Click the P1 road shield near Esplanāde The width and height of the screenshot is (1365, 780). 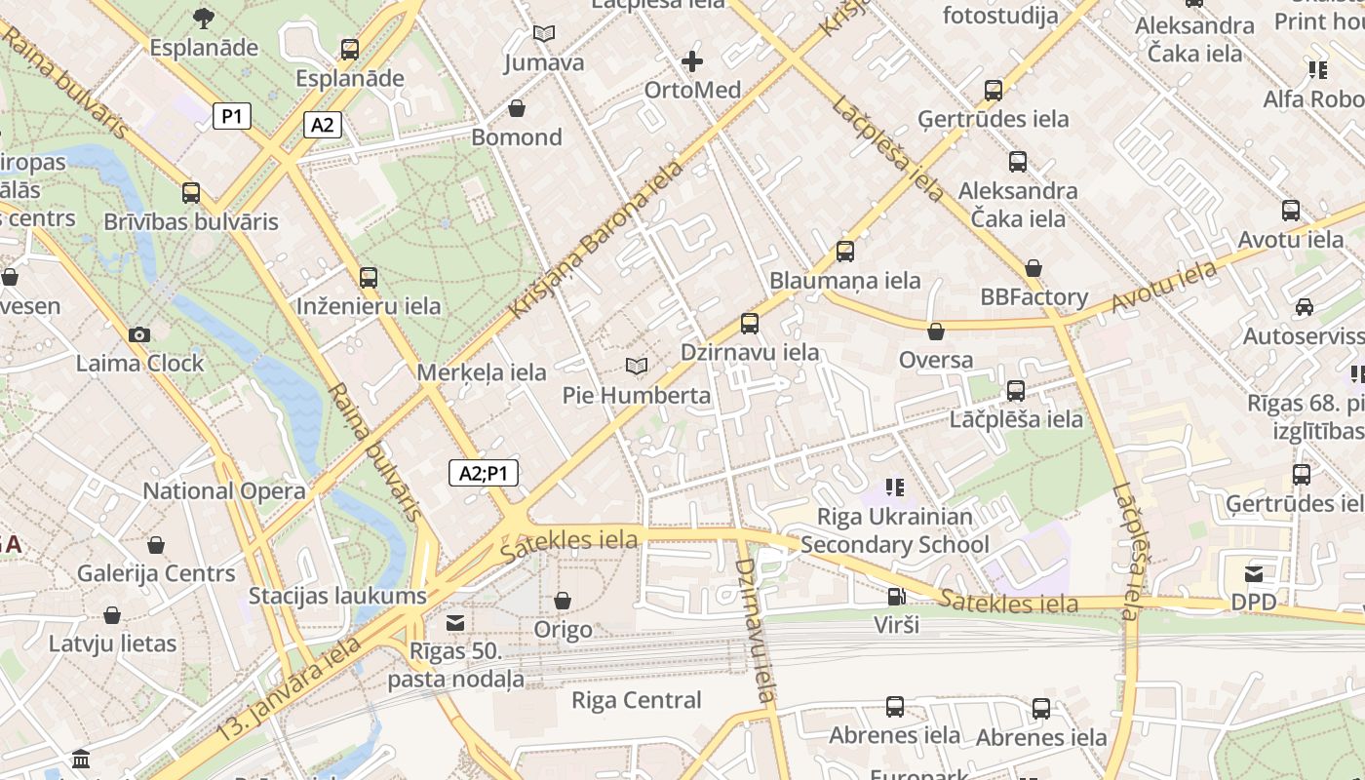tap(232, 117)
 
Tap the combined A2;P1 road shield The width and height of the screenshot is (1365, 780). tap(484, 474)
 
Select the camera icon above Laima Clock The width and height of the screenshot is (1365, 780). tap(138, 335)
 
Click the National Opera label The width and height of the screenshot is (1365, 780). tap(224, 491)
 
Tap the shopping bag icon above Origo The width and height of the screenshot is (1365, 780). tap(563, 601)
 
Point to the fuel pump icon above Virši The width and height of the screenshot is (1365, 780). tap(895, 597)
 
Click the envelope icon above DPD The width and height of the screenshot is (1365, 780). tap(1253, 574)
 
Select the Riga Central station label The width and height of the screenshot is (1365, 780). tap(636, 700)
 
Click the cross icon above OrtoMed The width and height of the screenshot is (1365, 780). tap(692, 62)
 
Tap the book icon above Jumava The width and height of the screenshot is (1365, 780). tap(544, 34)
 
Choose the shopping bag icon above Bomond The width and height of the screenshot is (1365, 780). tap(516, 108)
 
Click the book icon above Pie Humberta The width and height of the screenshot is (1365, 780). tap(637, 367)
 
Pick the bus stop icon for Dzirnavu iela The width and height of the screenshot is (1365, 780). tap(749, 324)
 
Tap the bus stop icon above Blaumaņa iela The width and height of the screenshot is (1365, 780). tap(845, 252)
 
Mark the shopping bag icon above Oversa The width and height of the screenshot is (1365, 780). tap(936, 331)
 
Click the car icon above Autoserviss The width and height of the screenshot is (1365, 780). tap(1304, 307)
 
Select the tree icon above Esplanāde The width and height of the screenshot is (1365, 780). tap(204, 18)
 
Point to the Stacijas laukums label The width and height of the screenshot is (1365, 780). tap(337, 596)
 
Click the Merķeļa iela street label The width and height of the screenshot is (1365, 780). tap(482, 372)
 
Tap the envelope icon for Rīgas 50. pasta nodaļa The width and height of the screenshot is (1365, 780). tap(455, 623)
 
